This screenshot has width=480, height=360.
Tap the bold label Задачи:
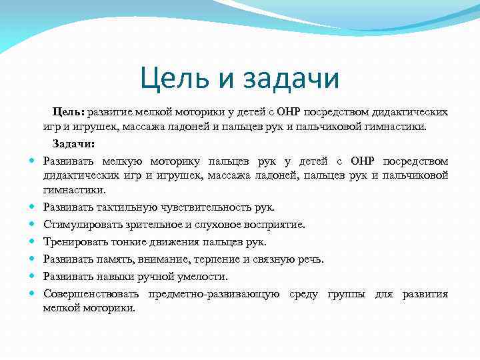click(x=74, y=143)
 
